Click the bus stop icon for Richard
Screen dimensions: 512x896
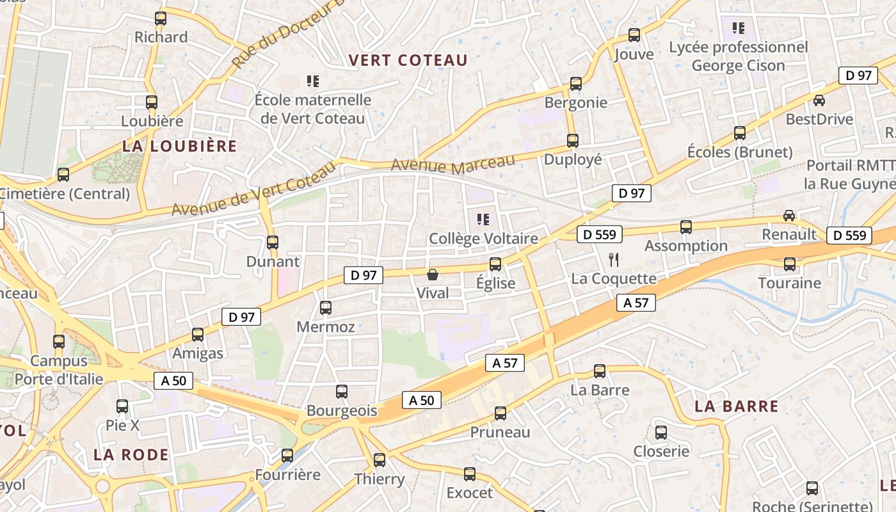(x=161, y=19)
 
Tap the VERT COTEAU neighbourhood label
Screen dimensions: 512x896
(x=408, y=60)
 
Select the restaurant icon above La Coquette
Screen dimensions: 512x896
(x=614, y=259)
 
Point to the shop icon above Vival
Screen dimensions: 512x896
(x=433, y=275)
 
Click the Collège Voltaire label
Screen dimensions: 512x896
(x=483, y=239)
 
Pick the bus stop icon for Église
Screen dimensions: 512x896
(x=495, y=264)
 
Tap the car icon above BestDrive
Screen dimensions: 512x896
(x=819, y=100)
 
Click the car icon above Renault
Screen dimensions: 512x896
(x=789, y=216)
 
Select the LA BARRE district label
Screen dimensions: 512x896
(x=737, y=406)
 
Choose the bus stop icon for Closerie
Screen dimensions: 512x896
(x=661, y=433)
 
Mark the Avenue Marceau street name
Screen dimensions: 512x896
(x=452, y=164)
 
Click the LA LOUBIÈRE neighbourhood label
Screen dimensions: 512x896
(x=179, y=146)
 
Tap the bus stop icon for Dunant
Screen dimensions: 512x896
(x=273, y=243)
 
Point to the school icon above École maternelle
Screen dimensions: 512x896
(x=313, y=81)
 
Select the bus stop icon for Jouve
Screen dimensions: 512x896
(x=634, y=35)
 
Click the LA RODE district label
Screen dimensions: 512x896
(x=131, y=455)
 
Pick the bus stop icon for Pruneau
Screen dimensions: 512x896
(x=500, y=413)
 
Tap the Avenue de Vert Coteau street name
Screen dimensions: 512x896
(x=253, y=189)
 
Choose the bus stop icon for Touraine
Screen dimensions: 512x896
(x=790, y=264)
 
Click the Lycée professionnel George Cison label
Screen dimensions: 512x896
(x=739, y=56)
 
